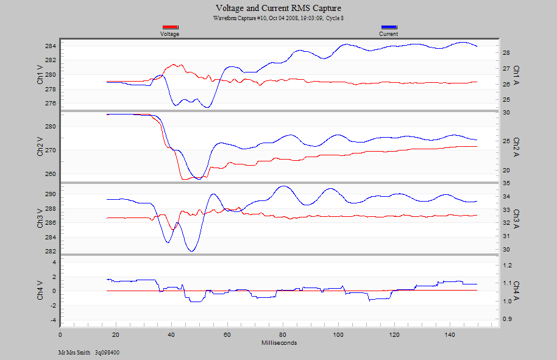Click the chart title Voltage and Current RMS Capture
278,8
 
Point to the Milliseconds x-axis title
279,342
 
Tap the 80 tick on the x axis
283,335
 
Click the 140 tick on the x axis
450,335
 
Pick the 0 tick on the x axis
60,335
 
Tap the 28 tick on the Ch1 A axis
505,53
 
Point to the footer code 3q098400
107,352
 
